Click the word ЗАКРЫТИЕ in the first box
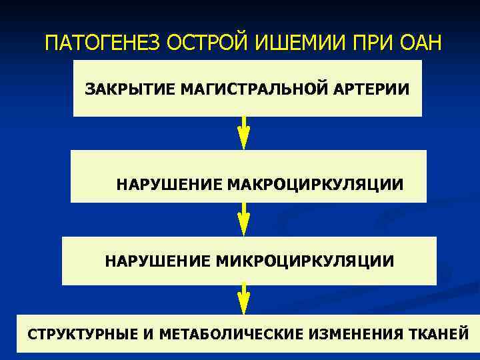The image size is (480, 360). [129, 89]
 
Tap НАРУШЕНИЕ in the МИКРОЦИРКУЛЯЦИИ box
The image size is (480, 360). [158, 261]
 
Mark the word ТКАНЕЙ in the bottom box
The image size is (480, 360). [440, 333]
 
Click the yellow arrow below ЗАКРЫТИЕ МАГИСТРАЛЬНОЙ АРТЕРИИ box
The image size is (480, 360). [244, 132]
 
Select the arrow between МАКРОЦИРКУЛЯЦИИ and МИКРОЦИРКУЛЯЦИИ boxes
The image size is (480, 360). [244, 219]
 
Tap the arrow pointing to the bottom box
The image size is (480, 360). [244, 298]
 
